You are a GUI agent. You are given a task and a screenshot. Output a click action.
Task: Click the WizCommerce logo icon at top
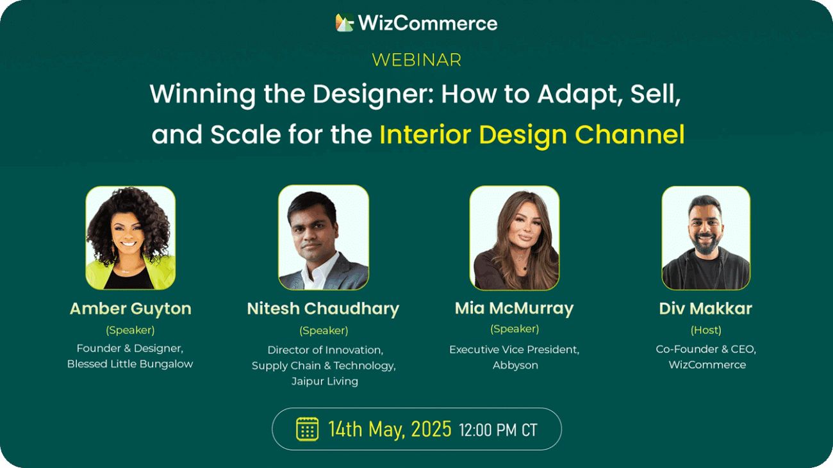[x=344, y=22]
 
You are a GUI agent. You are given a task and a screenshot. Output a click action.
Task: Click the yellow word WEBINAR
[x=416, y=60]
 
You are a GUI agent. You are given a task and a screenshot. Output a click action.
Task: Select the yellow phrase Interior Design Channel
[x=532, y=135]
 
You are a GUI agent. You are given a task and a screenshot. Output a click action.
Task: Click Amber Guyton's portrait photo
[x=131, y=238]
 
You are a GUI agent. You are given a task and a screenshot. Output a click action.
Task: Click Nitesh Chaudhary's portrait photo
[x=324, y=238]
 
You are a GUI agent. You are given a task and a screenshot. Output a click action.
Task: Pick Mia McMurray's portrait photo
[x=515, y=238]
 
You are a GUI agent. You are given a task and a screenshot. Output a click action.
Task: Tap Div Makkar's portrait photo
[x=706, y=238]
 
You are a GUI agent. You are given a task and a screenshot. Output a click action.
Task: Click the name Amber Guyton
[x=131, y=309]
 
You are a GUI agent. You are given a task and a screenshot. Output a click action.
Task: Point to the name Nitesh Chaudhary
[x=323, y=309]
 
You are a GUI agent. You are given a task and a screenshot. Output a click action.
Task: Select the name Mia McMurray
[x=515, y=309]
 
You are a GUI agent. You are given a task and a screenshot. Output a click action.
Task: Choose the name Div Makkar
[x=706, y=309]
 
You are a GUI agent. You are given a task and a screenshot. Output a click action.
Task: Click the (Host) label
[x=706, y=330]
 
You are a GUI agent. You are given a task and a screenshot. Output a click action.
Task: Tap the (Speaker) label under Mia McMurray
[x=515, y=329]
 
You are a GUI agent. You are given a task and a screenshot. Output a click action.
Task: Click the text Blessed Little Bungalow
[x=130, y=364]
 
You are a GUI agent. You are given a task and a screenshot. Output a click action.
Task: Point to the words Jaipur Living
[x=325, y=382]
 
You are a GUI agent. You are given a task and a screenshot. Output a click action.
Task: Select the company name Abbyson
[x=515, y=366]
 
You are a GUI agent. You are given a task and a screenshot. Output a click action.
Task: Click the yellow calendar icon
[x=307, y=430]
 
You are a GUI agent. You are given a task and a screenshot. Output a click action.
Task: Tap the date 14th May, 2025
[x=390, y=430]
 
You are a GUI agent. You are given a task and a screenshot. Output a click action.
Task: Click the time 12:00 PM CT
[x=499, y=430]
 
